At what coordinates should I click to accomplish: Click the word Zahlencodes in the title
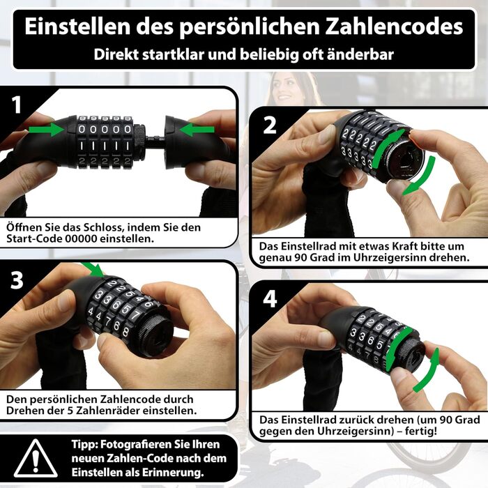click(394, 26)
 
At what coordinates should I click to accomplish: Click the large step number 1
click(17, 105)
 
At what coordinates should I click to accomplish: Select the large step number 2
click(270, 125)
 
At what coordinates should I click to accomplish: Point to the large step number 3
click(17, 280)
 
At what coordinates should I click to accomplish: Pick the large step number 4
click(270, 299)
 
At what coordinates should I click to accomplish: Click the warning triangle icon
click(36, 459)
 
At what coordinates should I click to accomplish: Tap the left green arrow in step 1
click(46, 130)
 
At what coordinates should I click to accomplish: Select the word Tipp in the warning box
click(84, 445)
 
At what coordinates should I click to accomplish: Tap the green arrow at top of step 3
click(93, 269)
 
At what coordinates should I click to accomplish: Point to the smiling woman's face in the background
click(282, 90)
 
